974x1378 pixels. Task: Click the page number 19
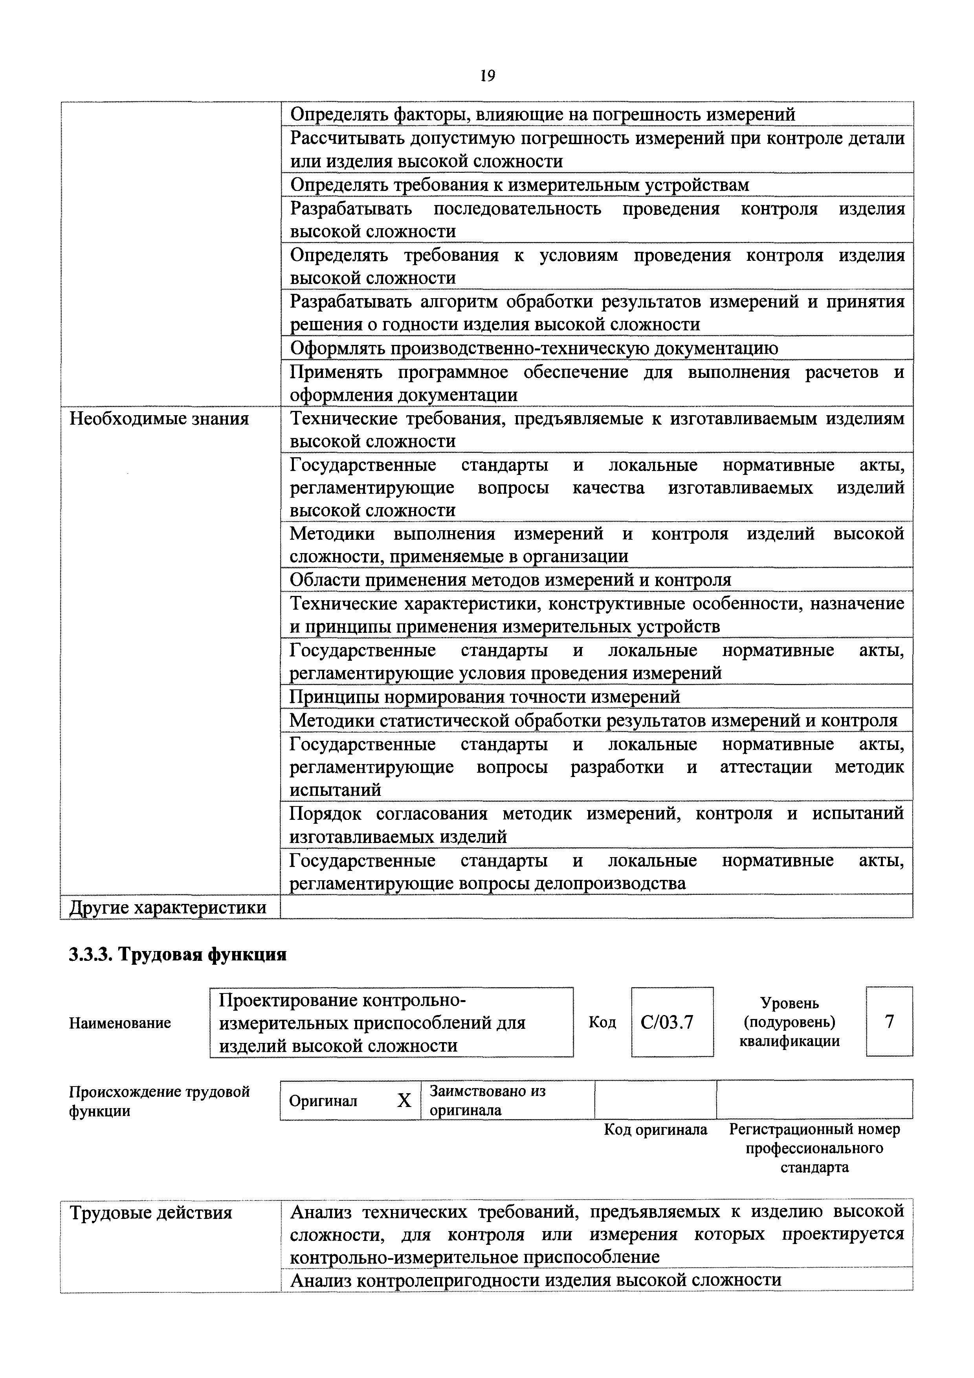coord(487,76)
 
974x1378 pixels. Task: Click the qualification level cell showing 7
coord(890,1021)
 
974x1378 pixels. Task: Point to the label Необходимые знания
coord(160,418)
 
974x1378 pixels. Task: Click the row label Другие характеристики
coord(168,907)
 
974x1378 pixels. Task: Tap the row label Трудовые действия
coord(151,1213)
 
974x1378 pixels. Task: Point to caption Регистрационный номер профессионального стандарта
coord(814,1148)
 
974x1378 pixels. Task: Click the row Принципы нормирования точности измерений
coord(485,697)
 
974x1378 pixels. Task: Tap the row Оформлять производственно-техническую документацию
coord(534,348)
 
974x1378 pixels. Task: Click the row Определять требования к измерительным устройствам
coord(520,185)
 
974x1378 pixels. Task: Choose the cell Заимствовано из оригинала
coord(487,1100)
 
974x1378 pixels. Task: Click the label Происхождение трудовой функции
coord(160,1101)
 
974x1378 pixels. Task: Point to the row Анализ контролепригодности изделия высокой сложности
coord(535,1280)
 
